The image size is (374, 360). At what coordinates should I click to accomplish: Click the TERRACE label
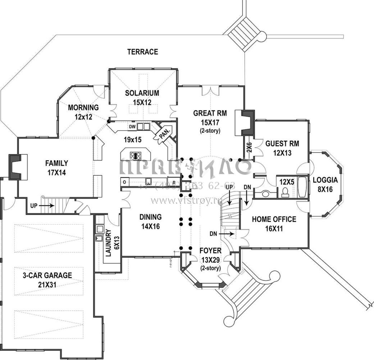coord(142,52)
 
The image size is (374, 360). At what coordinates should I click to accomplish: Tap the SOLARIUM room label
coord(142,93)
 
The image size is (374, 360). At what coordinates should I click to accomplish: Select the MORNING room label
coord(83,108)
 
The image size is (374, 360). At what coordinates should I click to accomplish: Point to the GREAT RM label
coord(210,113)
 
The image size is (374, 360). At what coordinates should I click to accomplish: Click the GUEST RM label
coord(282,143)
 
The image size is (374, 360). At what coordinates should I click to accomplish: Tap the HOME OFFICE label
coord(274,219)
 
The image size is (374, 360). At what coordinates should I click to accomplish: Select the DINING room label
coord(150,217)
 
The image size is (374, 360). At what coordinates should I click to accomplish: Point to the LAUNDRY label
coord(109,243)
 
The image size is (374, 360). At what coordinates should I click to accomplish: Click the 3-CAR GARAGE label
coord(47,275)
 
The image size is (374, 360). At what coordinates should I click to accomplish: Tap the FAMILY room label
coord(57,163)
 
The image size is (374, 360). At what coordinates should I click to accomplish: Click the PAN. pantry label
coord(164,133)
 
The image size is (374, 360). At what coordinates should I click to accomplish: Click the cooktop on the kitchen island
coord(136,156)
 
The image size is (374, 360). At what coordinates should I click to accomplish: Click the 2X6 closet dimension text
coord(249,148)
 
